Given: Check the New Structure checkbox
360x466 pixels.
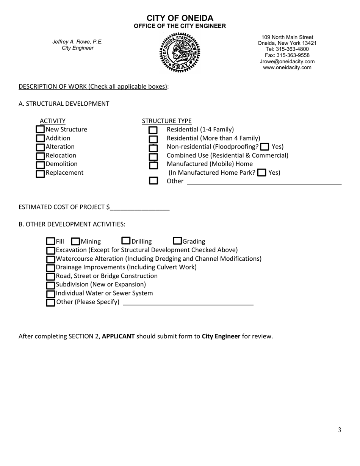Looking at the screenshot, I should [40, 130].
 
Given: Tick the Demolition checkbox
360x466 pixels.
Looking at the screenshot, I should [40, 164].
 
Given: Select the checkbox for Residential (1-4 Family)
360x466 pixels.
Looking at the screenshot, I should [153, 130].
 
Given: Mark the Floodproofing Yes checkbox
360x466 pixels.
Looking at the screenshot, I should [266, 147].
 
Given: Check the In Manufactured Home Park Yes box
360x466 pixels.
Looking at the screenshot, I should [261, 173].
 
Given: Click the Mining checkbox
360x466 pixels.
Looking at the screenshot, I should [75, 241].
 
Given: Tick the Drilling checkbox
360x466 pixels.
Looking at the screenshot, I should [126, 241].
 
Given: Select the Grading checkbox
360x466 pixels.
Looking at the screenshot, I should [177, 241].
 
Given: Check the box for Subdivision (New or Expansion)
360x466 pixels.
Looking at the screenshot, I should [50, 285].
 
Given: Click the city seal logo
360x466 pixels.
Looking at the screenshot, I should [180, 52].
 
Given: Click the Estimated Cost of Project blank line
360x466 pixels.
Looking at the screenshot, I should [140, 207].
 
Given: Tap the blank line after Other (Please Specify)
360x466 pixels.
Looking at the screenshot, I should [188, 302].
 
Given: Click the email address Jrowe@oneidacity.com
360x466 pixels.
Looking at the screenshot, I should [287, 61].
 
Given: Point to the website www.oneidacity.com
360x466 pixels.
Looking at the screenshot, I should [287, 67].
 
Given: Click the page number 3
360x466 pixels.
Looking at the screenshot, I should [340, 430].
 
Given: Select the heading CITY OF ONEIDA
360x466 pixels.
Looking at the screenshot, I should [180, 18].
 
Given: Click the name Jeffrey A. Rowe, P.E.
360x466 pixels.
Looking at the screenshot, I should [77, 42].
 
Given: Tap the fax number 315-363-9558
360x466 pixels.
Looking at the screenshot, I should [287, 55].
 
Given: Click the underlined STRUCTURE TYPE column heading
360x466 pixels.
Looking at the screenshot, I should [167, 121].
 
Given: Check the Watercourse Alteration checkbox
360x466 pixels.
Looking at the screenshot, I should [50, 259].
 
